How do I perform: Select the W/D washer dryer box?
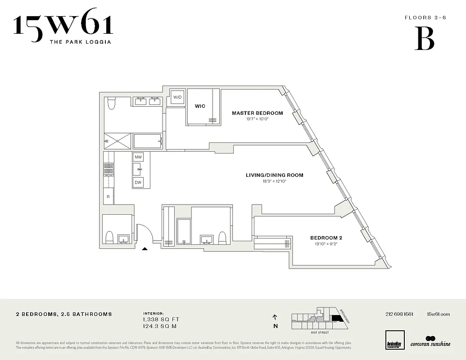pos(177,97)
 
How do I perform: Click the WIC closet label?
pos(200,106)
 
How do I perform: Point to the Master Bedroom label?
pos(257,113)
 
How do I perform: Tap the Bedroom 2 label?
pos(326,238)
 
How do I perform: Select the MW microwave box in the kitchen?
pos(138,157)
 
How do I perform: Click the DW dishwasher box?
pos(138,183)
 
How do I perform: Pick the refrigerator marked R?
pos(108,197)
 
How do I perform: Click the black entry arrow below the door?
pos(145,248)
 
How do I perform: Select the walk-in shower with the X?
pos(118,141)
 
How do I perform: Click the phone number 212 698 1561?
pos(399,314)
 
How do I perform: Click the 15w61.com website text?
pos(438,314)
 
